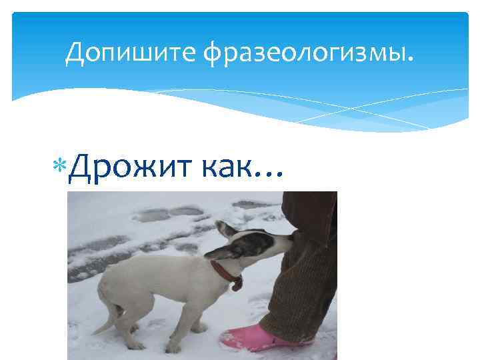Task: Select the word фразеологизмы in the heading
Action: [x=301, y=54]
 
